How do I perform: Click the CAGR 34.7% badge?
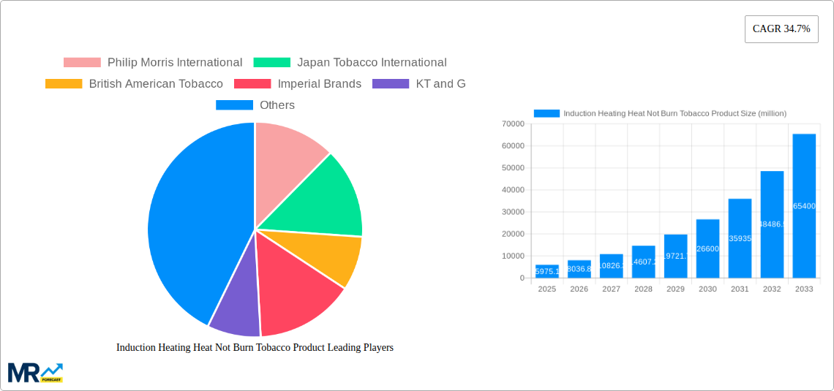pyautogui.click(x=781, y=29)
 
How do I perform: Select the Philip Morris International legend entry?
pyautogui.click(x=153, y=63)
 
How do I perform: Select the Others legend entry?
pyautogui.click(x=255, y=105)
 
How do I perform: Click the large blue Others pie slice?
pyautogui.click(x=190, y=219)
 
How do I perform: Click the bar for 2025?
pyautogui.click(x=547, y=271)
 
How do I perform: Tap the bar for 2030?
pyautogui.click(x=707, y=248)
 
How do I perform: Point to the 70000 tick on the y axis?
pyautogui.click(x=513, y=124)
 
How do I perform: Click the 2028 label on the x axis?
pyautogui.click(x=643, y=289)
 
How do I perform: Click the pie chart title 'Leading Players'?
pyautogui.click(x=255, y=348)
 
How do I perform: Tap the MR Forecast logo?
pyautogui.click(x=35, y=372)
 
